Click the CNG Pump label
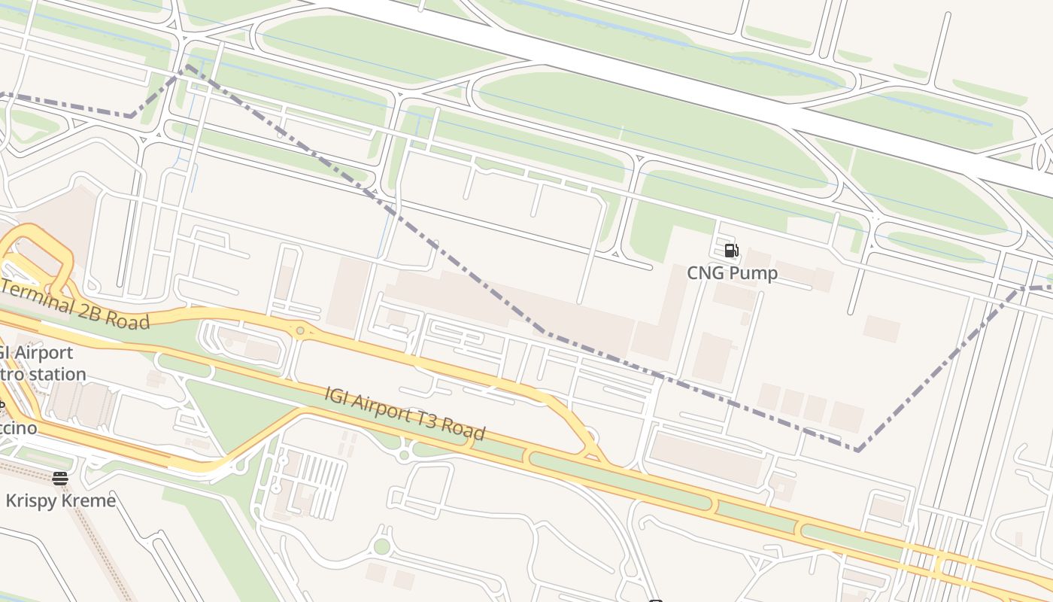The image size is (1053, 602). coord(732,272)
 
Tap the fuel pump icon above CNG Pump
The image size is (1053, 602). coord(731,251)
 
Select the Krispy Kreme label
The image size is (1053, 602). coord(60,500)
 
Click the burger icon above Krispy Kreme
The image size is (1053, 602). coord(60,478)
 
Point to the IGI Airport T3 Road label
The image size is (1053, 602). coord(405,413)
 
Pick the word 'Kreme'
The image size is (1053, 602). coord(89,500)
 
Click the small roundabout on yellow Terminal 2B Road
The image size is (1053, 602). coord(300,330)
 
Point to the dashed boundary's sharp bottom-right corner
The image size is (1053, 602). coord(857,450)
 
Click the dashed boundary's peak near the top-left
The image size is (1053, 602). coord(188,67)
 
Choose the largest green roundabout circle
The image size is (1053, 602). coord(382,546)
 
